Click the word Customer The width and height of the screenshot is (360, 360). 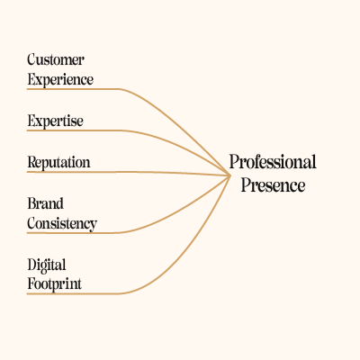click(x=56, y=59)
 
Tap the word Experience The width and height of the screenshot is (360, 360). click(x=60, y=80)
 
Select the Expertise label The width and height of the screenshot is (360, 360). click(x=55, y=121)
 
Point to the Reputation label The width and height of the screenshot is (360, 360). click(x=58, y=163)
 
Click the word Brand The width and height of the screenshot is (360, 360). click(x=46, y=203)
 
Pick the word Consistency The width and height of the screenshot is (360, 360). click(x=62, y=224)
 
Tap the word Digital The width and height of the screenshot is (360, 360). click(x=47, y=265)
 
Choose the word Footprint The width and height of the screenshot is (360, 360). click(x=54, y=283)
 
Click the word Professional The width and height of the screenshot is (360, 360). click(x=273, y=162)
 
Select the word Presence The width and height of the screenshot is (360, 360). click(x=273, y=185)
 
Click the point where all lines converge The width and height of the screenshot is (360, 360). click(x=230, y=175)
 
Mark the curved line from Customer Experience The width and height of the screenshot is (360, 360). click(x=150, y=103)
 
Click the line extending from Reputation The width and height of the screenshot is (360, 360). click(x=129, y=172)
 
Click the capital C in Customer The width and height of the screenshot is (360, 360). click(x=31, y=59)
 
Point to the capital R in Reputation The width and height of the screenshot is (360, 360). click(x=32, y=162)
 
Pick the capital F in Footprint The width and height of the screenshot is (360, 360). click(x=31, y=283)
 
